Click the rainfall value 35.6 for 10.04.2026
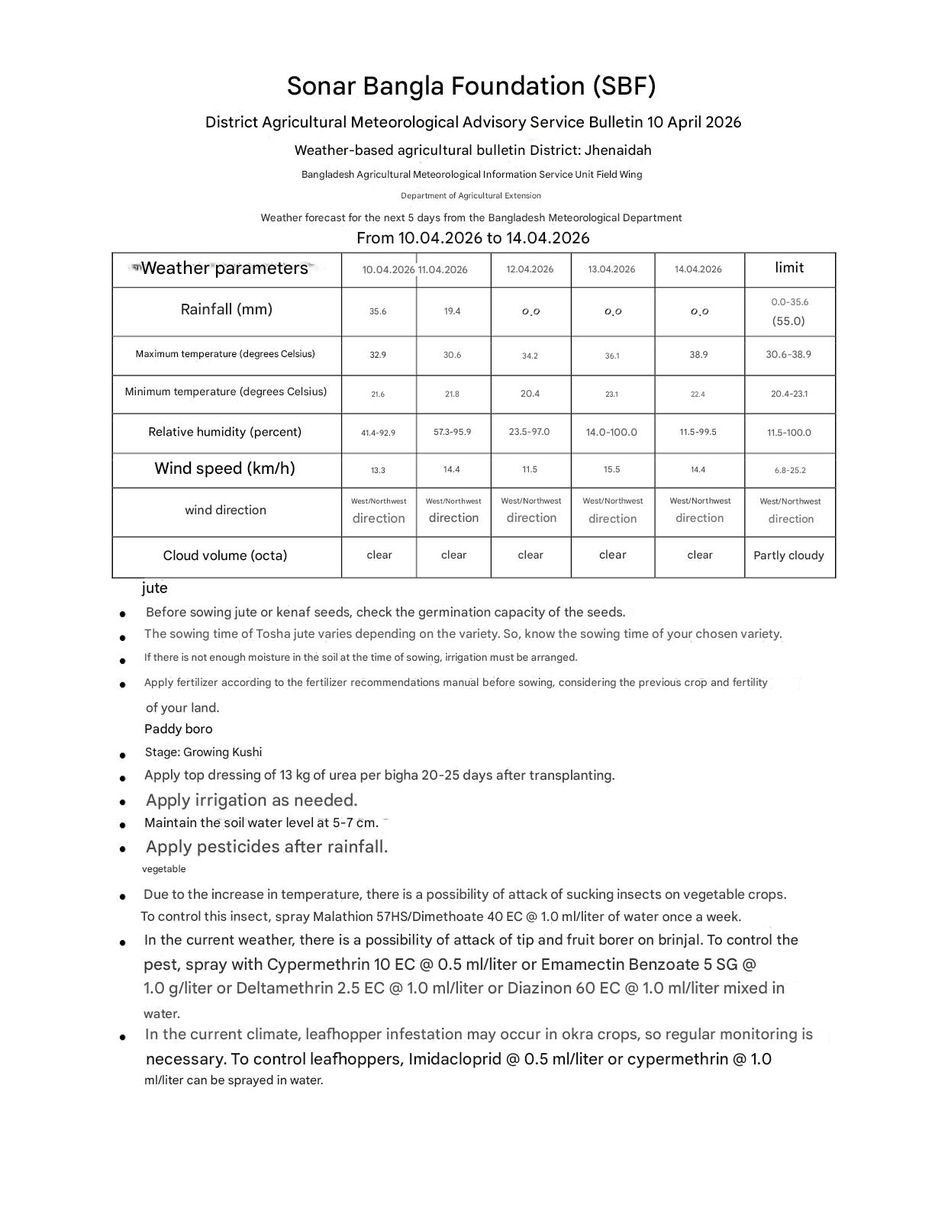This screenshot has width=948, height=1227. pyautogui.click(x=378, y=311)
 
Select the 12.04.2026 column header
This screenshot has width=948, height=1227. pyautogui.click(x=530, y=269)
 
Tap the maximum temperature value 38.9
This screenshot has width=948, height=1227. pyautogui.click(x=698, y=355)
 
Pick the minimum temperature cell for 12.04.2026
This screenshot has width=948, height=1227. pyautogui.click(x=530, y=394)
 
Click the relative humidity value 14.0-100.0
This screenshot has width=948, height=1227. pyautogui.click(x=611, y=432)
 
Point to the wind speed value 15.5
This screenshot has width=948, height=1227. pyautogui.click(x=611, y=469)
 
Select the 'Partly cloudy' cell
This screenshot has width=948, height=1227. pyautogui.click(x=788, y=556)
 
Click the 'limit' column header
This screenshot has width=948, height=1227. pyautogui.click(x=788, y=268)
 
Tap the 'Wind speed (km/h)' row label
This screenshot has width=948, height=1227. pyautogui.click(x=224, y=469)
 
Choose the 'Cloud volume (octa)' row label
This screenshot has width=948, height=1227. pyautogui.click(x=225, y=556)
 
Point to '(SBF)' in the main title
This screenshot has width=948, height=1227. pyautogui.click(x=624, y=86)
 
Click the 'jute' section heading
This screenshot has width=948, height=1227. pyautogui.click(x=155, y=588)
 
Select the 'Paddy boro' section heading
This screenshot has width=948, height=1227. pyautogui.click(x=179, y=729)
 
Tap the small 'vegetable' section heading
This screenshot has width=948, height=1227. pyautogui.click(x=164, y=869)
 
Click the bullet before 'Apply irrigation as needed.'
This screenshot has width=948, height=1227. pyautogui.click(x=123, y=803)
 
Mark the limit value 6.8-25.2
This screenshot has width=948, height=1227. pyautogui.click(x=789, y=471)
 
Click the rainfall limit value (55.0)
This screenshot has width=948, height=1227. pyautogui.click(x=788, y=321)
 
